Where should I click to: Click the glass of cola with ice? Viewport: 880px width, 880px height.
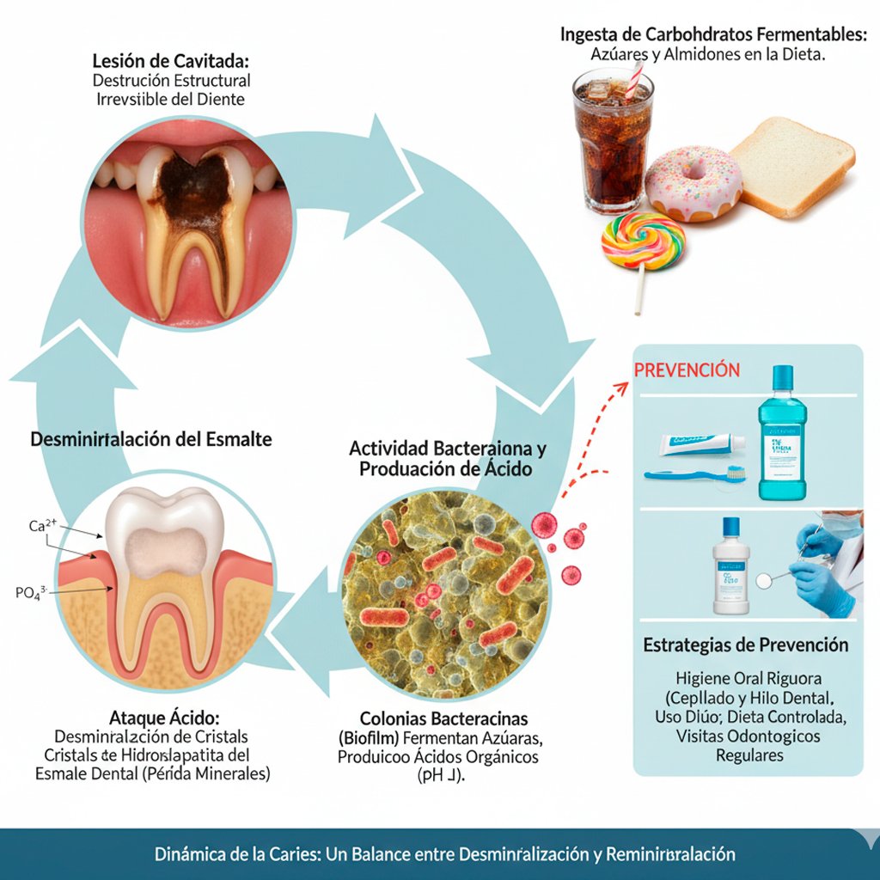pyautogui.click(x=612, y=142)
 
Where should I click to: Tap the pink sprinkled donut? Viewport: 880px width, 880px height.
pyautogui.click(x=693, y=182)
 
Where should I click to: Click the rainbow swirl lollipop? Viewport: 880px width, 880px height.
pyautogui.click(x=643, y=240)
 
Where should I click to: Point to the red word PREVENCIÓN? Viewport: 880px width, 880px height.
pyautogui.click(x=686, y=370)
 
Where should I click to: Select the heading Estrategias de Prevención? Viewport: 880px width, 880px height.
pyautogui.click(x=746, y=645)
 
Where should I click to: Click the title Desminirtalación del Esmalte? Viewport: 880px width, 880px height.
pyautogui.click(x=151, y=439)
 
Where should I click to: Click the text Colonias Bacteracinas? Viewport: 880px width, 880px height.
pyautogui.click(x=444, y=718)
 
